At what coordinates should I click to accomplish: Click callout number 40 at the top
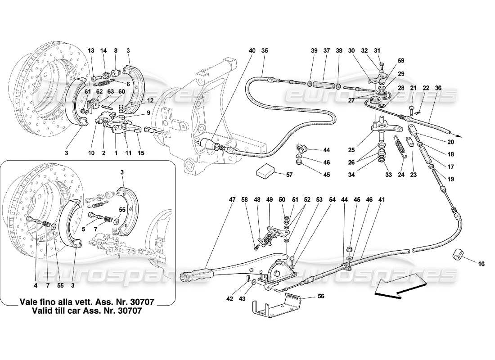[x=251, y=50]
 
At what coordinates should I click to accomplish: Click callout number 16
[x=481, y=264]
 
